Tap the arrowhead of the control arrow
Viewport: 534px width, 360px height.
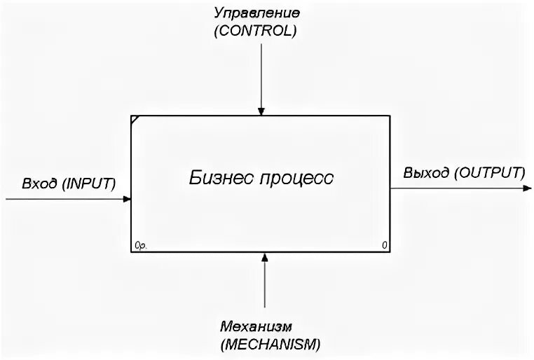tap(261, 111)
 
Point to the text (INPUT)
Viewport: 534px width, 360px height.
tap(88, 184)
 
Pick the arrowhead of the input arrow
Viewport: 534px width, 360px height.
tap(127, 199)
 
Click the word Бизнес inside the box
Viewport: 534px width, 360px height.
tap(219, 177)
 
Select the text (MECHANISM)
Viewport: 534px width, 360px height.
tap(269, 344)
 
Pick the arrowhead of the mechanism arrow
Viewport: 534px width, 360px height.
tap(264, 258)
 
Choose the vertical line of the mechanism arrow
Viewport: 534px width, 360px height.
tap(264, 287)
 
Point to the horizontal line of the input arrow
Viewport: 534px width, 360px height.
tap(63, 199)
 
